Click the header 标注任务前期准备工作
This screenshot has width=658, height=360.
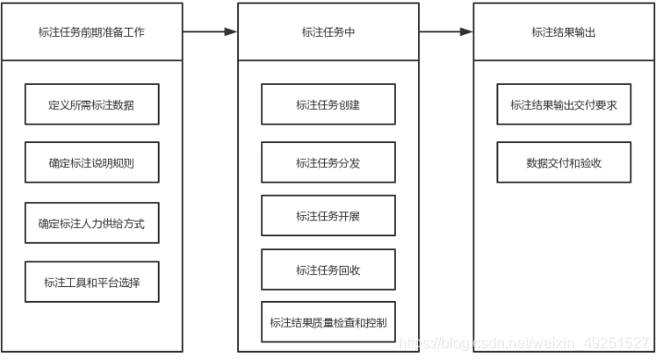click(x=91, y=32)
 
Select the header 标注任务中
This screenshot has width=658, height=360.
click(x=328, y=32)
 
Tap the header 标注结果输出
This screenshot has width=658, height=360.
click(x=564, y=32)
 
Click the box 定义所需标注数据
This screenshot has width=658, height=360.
click(x=91, y=105)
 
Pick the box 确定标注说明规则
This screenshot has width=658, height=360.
click(x=91, y=163)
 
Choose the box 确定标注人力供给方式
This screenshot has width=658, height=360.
click(x=91, y=222)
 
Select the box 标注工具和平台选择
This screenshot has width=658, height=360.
click(x=91, y=281)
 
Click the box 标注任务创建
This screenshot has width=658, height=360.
click(x=328, y=105)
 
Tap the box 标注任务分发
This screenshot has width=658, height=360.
click(x=328, y=163)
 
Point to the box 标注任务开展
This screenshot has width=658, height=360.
click(x=328, y=216)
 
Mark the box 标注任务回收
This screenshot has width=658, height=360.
click(x=328, y=270)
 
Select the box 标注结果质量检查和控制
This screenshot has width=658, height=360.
click(x=328, y=322)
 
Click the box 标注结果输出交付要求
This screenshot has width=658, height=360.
click(x=564, y=105)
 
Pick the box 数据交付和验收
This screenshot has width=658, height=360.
click(x=564, y=163)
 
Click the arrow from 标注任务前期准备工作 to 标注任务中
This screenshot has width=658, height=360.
click(x=209, y=32)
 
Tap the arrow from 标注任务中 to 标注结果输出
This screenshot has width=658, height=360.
click(x=446, y=32)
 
